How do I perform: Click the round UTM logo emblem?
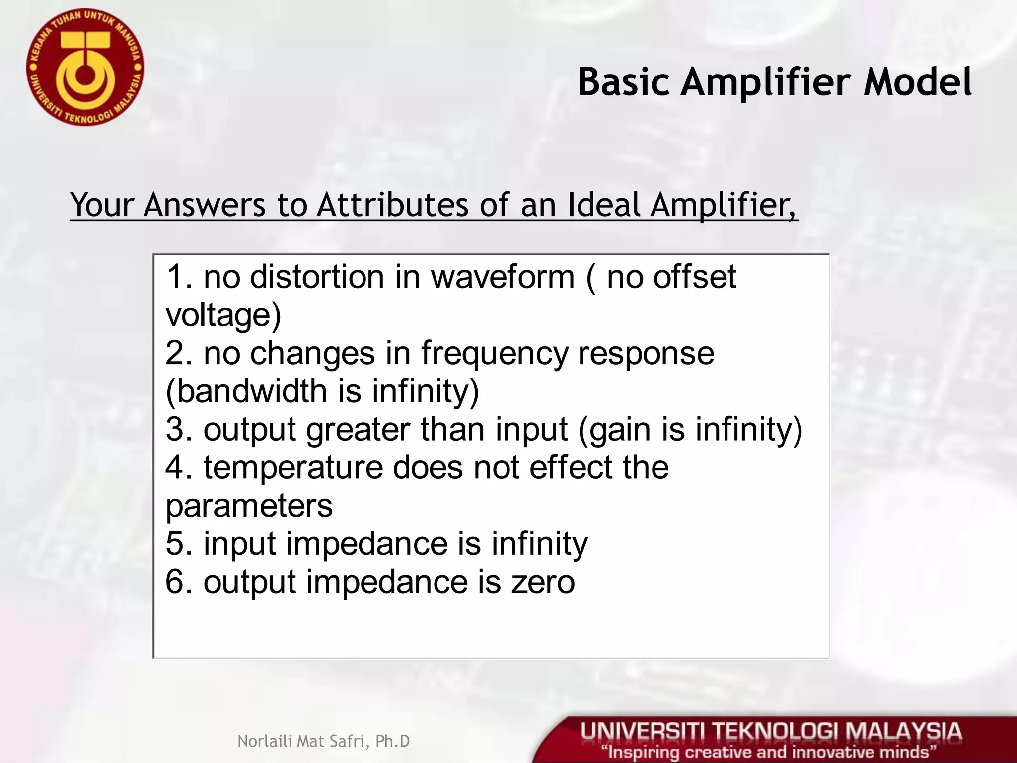[x=85, y=67]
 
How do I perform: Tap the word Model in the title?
[x=918, y=82]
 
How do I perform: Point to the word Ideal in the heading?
[x=604, y=205]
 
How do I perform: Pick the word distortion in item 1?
[x=317, y=277]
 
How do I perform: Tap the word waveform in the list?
[x=503, y=277]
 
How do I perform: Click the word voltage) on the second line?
[x=223, y=315]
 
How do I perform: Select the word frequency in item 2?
[x=495, y=354]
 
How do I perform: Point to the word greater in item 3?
[x=358, y=430]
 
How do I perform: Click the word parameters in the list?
[x=249, y=506]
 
